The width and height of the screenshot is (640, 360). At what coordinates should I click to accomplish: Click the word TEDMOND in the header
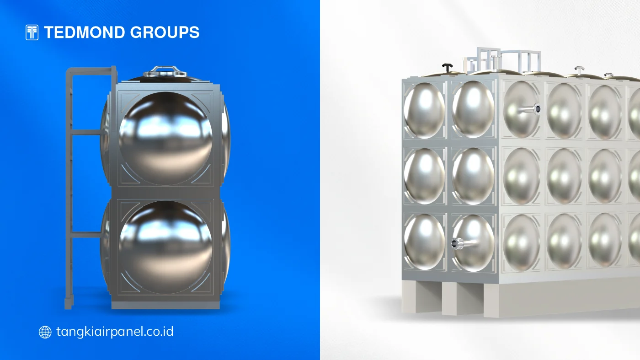[x=85, y=32]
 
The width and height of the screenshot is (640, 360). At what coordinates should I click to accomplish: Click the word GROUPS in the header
[x=165, y=32]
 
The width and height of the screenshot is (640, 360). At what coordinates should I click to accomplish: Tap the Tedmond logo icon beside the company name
[x=32, y=32]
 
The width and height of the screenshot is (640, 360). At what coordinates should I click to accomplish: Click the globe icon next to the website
[x=45, y=332]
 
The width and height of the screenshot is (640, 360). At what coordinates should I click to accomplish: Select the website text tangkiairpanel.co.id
[x=115, y=332]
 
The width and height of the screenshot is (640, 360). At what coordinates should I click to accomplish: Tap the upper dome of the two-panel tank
[x=165, y=138]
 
